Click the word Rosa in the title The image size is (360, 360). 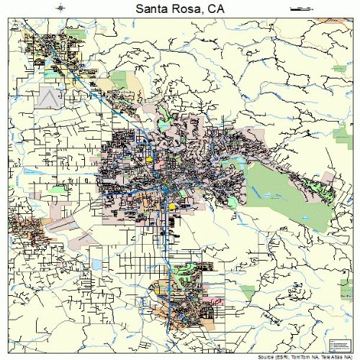189,9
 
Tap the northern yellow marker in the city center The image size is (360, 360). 149,160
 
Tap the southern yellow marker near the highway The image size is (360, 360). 172,207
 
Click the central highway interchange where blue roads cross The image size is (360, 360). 165,189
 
